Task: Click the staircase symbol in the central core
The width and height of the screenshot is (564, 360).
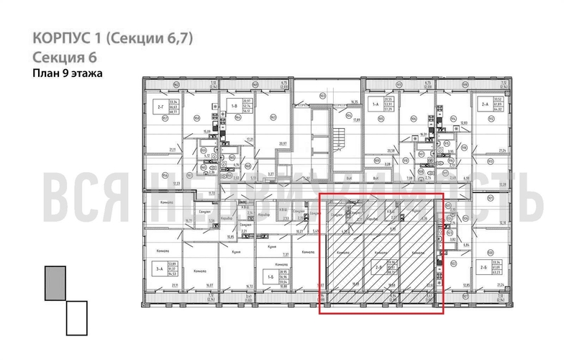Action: tap(332, 137)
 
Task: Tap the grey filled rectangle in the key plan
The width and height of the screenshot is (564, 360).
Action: tap(55, 282)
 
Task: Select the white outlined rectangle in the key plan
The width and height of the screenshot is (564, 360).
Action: tap(76, 318)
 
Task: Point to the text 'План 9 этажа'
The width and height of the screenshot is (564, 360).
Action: tap(68, 73)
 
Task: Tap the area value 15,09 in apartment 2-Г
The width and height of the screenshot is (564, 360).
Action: tap(206, 131)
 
